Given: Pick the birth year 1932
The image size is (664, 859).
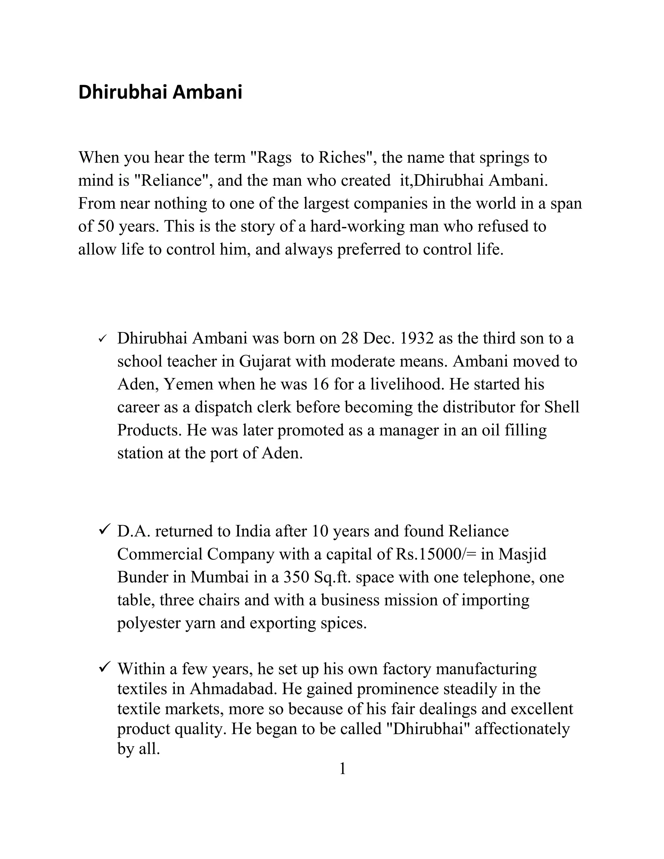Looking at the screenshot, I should pos(416,338).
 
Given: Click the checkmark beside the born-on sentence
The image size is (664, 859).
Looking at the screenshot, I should pos(103,338).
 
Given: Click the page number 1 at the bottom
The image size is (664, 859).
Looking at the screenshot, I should pos(342,769).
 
